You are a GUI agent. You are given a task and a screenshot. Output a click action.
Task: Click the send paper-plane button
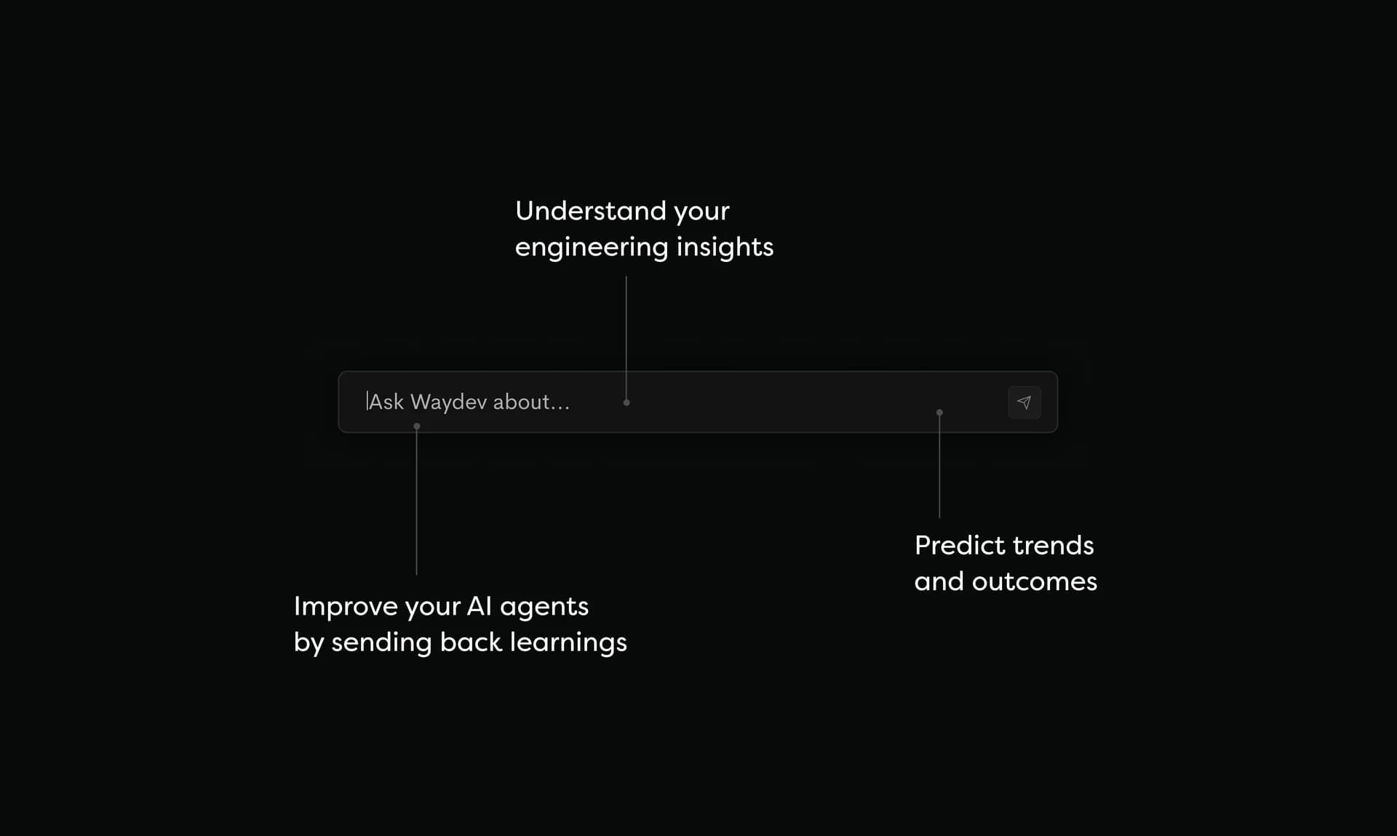pyautogui.click(x=1024, y=402)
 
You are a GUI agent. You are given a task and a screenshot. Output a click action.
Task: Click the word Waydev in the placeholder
pyautogui.click(x=448, y=402)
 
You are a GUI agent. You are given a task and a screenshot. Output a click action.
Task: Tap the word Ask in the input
pyautogui.click(x=386, y=402)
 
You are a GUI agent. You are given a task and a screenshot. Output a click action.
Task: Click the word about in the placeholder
pyautogui.click(x=522, y=402)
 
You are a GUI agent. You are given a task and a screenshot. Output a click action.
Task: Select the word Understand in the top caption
pyautogui.click(x=590, y=211)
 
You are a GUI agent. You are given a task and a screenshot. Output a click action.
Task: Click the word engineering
pyautogui.click(x=592, y=247)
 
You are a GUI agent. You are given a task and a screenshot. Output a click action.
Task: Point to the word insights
pyautogui.click(x=725, y=247)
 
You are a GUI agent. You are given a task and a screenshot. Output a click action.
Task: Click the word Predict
pyautogui.click(x=959, y=546)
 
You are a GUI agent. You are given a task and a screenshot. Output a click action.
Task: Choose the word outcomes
pyautogui.click(x=1034, y=581)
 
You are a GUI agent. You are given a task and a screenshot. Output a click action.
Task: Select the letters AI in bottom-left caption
pyautogui.click(x=479, y=606)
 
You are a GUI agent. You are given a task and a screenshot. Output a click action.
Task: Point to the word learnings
pyautogui.click(x=568, y=643)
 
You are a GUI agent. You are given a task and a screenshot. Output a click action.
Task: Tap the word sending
pyautogui.click(x=381, y=643)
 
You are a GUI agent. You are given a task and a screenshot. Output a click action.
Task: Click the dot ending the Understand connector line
pyautogui.click(x=626, y=402)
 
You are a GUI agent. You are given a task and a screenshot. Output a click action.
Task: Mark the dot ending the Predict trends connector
pyautogui.click(x=939, y=413)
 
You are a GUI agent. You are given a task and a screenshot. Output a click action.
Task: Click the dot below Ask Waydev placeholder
pyautogui.click(x=417, y=426)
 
